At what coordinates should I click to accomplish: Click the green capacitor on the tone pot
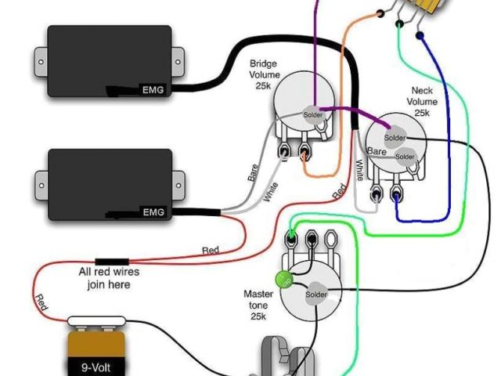tap(283, 279)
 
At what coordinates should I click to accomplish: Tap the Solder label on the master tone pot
tap(316, 295)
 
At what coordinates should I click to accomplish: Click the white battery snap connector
tap(96, 321)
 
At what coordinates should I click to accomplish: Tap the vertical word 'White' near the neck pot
tap(359, 172)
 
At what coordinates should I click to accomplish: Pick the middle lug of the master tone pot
tap(312, 237)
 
